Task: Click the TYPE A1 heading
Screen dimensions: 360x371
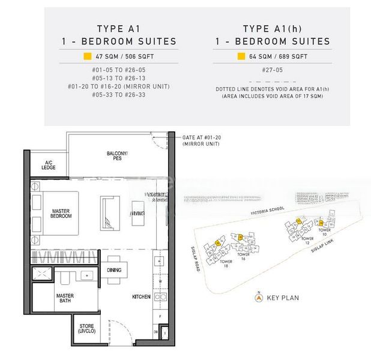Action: click(x=119, y=28)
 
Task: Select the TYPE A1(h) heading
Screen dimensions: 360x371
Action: click(x=273, y=28)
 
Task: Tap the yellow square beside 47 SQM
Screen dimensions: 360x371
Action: click(x=87, y=57)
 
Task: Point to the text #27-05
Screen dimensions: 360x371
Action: click(x=273, y=70)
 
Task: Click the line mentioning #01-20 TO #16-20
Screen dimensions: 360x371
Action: click(x=119, y=86)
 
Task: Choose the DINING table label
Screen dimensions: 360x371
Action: click(x=113, y=270)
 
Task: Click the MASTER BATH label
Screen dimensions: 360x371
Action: click(x=65, y=299)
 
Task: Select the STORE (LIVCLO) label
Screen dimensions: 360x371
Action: click(x=87, y=329)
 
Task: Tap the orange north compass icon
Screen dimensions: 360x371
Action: click(x=259, y=297)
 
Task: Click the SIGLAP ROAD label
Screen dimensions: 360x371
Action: click(x=196, y=250)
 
